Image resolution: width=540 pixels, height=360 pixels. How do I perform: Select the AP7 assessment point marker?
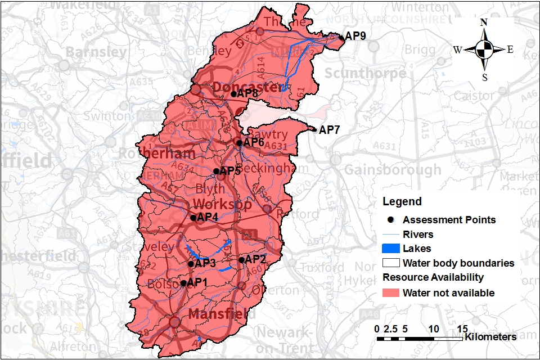314,129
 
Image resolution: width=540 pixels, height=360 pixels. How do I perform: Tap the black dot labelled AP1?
183,283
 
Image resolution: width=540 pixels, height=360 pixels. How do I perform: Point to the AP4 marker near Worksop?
193,218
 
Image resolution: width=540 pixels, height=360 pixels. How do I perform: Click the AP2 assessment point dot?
241,260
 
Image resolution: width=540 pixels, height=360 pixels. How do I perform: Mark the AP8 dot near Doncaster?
233,94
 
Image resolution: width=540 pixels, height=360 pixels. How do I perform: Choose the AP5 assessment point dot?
216,171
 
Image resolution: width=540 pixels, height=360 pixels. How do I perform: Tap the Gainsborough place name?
392,169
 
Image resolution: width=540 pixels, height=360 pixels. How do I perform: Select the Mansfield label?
222,313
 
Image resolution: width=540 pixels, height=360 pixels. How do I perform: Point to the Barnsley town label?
96,52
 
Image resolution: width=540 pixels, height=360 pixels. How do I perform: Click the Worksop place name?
222,204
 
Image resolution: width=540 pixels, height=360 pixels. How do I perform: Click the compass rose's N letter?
484,22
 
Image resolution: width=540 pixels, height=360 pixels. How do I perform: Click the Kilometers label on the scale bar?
490,337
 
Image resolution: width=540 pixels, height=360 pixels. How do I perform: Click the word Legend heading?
402,201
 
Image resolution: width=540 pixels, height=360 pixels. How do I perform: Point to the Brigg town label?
420,49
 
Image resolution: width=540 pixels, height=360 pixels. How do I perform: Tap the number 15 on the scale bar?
462,328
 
